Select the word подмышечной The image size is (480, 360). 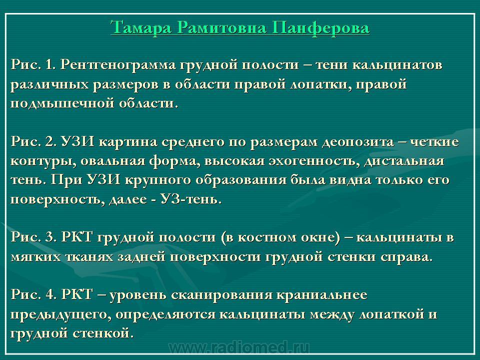tap(62, 103)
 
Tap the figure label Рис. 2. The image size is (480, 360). tap(33, 141)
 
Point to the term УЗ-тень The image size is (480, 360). tap(190, 199)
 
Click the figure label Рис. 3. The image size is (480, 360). tap(33, 237)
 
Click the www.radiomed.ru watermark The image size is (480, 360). tap(239, 348)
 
